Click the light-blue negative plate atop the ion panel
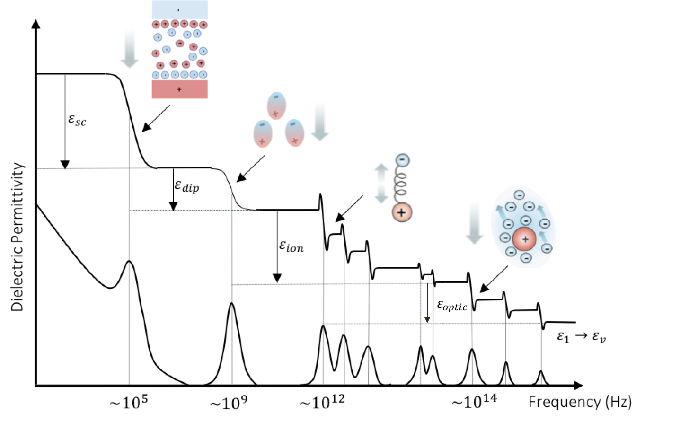(180, 9)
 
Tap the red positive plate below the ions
(180, 89)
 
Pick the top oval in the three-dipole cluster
(276, 105)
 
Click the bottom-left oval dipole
(263, 133)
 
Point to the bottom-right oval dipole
(294, 133)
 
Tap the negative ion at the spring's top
(402, 160)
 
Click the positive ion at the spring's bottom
(402, 212)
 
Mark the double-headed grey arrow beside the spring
(381, 184)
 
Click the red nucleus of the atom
(524, 239)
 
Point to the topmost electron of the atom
(519, 195)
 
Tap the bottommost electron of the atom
(526, 258)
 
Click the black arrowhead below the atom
(484, 288)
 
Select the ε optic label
(452, 306)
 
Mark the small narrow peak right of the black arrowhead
(504, 296)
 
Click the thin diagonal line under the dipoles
(256, 163)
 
